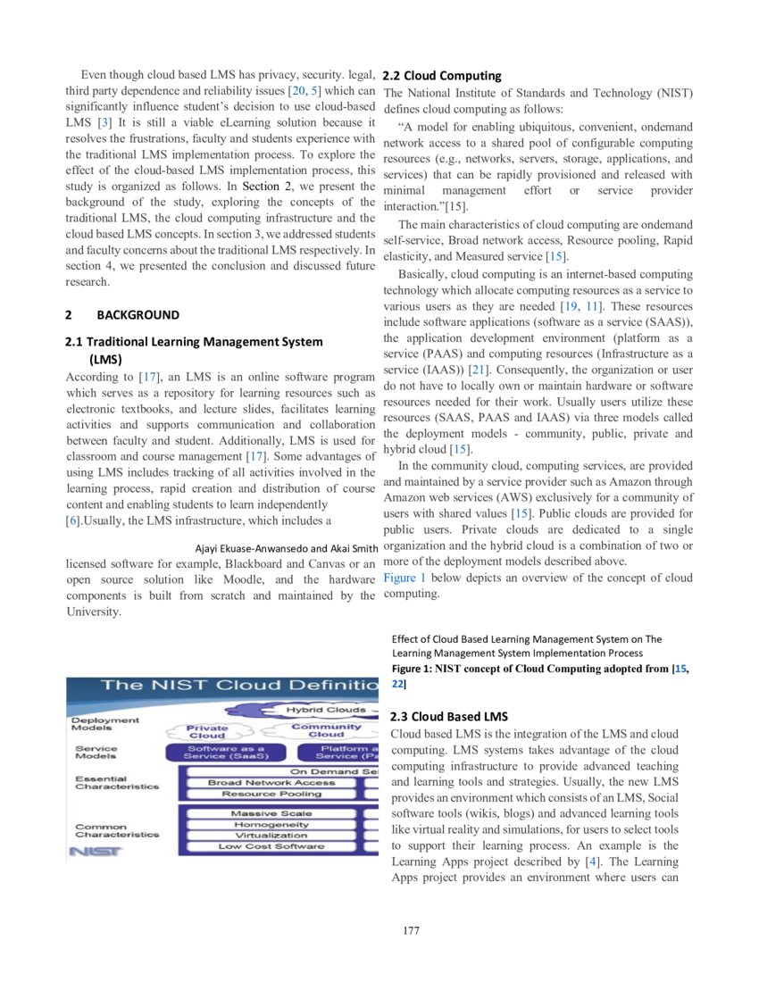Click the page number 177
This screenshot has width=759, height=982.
pos(411,931)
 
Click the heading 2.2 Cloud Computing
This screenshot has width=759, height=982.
pos(442,76)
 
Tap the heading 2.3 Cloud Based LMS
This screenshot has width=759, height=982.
pos(449,716)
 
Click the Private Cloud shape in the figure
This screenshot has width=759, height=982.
pos(207,732)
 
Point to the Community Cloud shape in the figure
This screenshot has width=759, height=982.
pos(326,730)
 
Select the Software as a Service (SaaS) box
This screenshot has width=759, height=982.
pos(226,753)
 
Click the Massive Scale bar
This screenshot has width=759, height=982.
pos(271,813)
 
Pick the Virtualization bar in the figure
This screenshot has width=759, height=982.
pos(271,836)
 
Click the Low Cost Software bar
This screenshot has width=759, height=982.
pos(271,846)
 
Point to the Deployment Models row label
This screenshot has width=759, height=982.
pos(105,723)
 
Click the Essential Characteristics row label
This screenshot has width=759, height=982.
pos(117,783)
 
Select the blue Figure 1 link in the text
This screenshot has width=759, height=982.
pos(405,578)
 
